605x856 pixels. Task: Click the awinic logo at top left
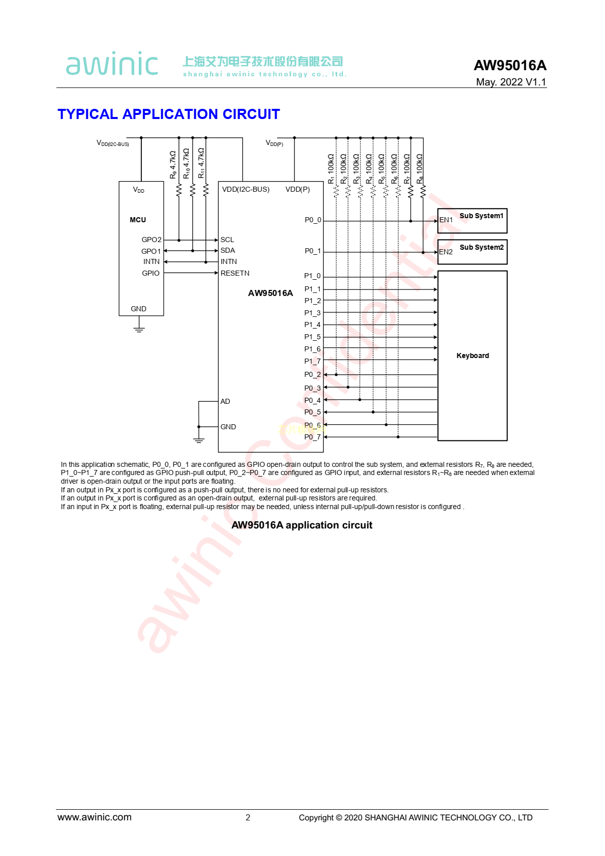[112, 64]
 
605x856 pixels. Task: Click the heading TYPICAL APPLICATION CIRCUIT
[168, 114]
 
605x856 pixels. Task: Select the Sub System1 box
[472, 221]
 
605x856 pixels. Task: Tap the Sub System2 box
[472, 252]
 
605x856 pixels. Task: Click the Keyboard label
[472, 356]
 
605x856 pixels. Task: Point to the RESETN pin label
[235, 273]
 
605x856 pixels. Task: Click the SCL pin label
[227, 240]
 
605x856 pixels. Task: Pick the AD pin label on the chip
[225, 401]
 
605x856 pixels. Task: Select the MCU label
[138, 220]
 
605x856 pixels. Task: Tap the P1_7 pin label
[312, 361]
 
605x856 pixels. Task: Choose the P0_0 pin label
[313, 220]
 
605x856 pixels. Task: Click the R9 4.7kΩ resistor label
[173, 164]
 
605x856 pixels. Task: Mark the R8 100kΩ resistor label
[419, 169]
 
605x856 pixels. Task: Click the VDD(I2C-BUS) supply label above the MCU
[113, 143]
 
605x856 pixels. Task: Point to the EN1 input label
[446, 220]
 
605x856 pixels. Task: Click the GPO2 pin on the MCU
[152, 240]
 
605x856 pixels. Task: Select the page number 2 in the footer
[248, 817]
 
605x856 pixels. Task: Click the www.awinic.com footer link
[95, 817]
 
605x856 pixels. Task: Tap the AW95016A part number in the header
[510, 65]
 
